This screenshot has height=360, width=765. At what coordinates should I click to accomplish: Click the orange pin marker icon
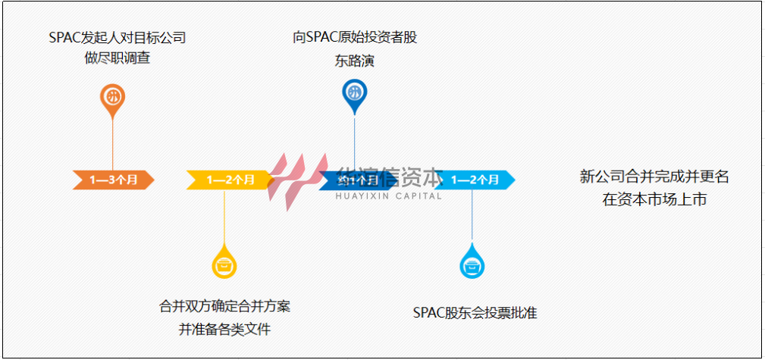(113, 98)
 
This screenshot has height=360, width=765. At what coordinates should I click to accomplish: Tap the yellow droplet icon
(224, 265)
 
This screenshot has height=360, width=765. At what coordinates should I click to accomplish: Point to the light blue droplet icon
(472, 265)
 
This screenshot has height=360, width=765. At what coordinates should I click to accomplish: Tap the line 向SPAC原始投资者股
(355, 37)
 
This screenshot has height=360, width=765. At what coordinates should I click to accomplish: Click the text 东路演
(355, 61)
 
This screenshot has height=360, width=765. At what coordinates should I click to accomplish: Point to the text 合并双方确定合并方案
(224, 307)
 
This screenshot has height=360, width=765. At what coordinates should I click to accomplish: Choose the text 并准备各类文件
(224, 330)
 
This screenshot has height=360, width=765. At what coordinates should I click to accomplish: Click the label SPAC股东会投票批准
(475, 312)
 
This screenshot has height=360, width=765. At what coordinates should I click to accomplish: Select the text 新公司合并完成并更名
(654, 177)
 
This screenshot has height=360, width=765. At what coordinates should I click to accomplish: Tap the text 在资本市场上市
(654, 200)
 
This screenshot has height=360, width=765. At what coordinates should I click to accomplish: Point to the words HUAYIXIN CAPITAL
(388, 196)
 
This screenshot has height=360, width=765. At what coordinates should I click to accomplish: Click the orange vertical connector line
(113, 144)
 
